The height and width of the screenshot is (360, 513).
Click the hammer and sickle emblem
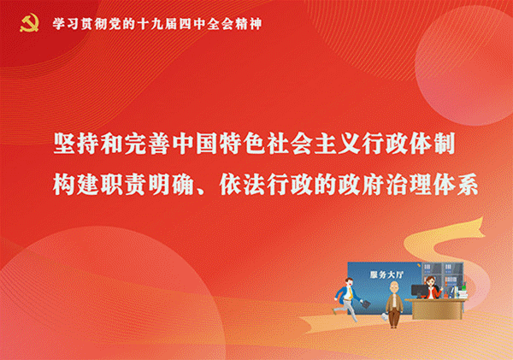pyautogui.click(x=28, y=22)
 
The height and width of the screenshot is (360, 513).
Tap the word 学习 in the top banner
pyautogui.click(x=64, y=23)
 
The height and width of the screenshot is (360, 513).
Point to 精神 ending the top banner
pyautogui.click(x=250, y=23)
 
